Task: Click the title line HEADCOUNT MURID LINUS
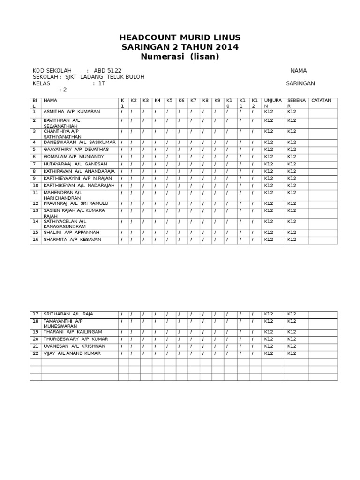(180, 37)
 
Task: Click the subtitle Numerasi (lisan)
(180, 57)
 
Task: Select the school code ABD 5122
(107, 71)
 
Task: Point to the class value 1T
(102, 83)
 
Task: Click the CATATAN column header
(321, 100)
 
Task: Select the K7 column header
(193, 100)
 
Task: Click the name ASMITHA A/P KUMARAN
(72, 112)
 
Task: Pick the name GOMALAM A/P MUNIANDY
(74, 157)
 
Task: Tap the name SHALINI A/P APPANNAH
(71, 232)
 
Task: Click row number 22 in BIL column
(35, 353)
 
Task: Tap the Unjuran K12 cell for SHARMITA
(268, 240)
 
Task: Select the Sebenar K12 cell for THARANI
(292, 332)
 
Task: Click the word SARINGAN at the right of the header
(300, 83)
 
